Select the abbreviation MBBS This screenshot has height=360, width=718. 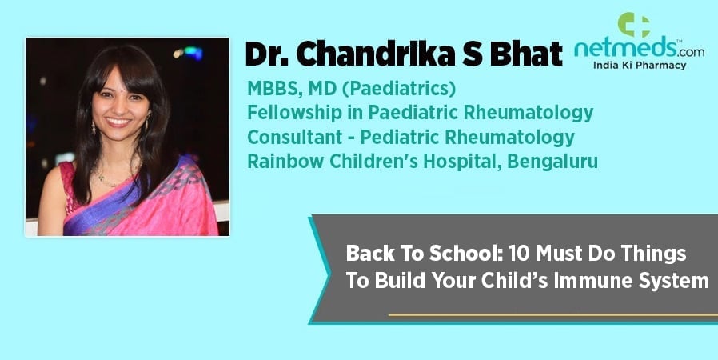click(274, 89)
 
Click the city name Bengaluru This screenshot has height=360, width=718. click(552, 162)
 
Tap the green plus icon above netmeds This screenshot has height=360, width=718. click(633, 25)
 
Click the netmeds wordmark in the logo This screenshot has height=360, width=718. click(620, 49)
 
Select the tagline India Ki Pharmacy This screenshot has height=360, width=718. click(640, 66)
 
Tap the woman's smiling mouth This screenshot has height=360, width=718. click(118, 122)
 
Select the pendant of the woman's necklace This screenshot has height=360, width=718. click(102, 178)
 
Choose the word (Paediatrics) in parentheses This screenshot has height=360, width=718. click(399, 89)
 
